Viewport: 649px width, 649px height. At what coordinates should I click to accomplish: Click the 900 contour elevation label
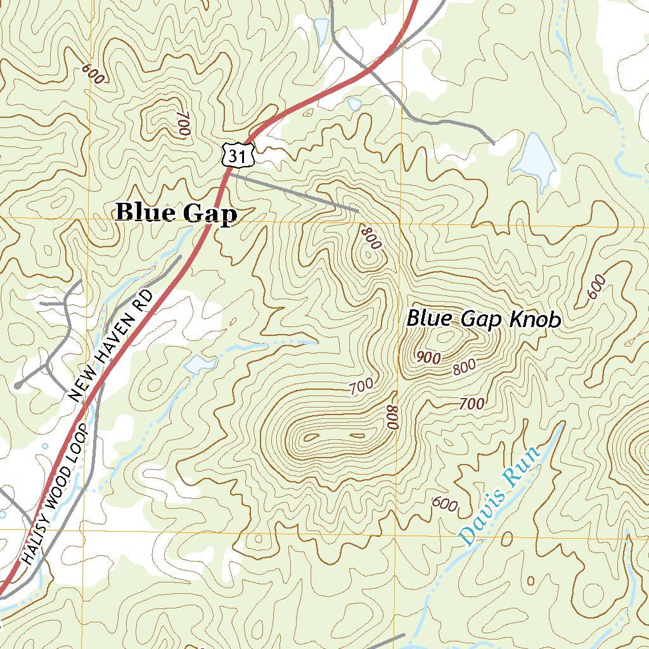coord(429,357)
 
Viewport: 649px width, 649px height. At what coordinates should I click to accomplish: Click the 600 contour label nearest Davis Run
coord(444,504)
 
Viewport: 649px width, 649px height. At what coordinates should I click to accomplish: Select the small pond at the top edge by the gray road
coord(321,29)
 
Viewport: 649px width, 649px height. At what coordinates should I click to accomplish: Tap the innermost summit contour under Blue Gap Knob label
coord(447,337)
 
